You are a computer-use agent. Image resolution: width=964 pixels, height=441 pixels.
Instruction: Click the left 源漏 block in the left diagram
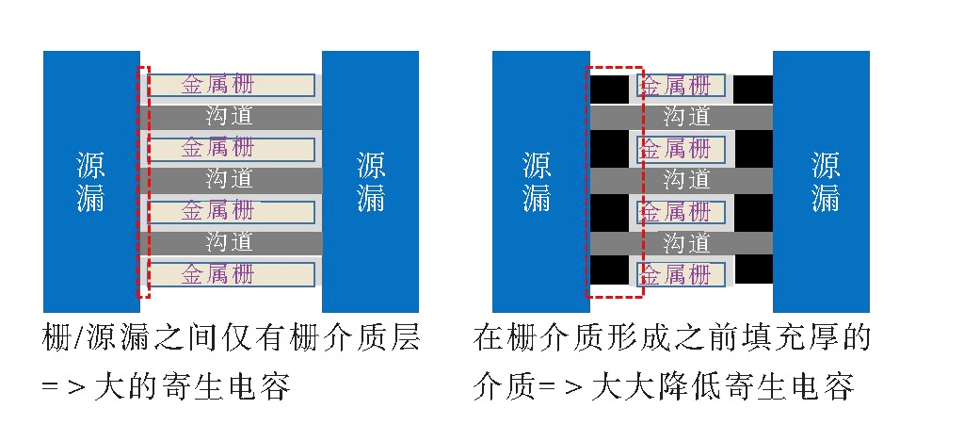coord(90,181)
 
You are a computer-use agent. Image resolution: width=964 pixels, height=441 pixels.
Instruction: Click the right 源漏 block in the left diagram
coord(370,181)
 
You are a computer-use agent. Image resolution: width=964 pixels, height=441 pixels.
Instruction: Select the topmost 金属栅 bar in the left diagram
coord(232,85)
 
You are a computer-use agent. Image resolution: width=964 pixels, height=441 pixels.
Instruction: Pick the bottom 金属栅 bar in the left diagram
coord(232,274)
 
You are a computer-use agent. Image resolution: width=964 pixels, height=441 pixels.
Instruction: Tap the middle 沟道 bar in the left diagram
coord(232,179)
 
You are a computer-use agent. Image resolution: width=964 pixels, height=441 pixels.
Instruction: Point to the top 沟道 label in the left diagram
coord(230,117)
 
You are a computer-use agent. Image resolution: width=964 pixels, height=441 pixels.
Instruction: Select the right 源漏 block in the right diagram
coord(823,181)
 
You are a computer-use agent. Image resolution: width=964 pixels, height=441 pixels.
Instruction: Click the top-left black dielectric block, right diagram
coord(608,90)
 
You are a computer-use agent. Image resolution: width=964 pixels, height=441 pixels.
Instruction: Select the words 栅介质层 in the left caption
coord(368,338)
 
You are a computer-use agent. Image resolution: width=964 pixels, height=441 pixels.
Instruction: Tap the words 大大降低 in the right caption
coord(661,387)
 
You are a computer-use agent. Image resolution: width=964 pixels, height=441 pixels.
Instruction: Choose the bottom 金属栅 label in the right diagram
coord(676,275)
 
